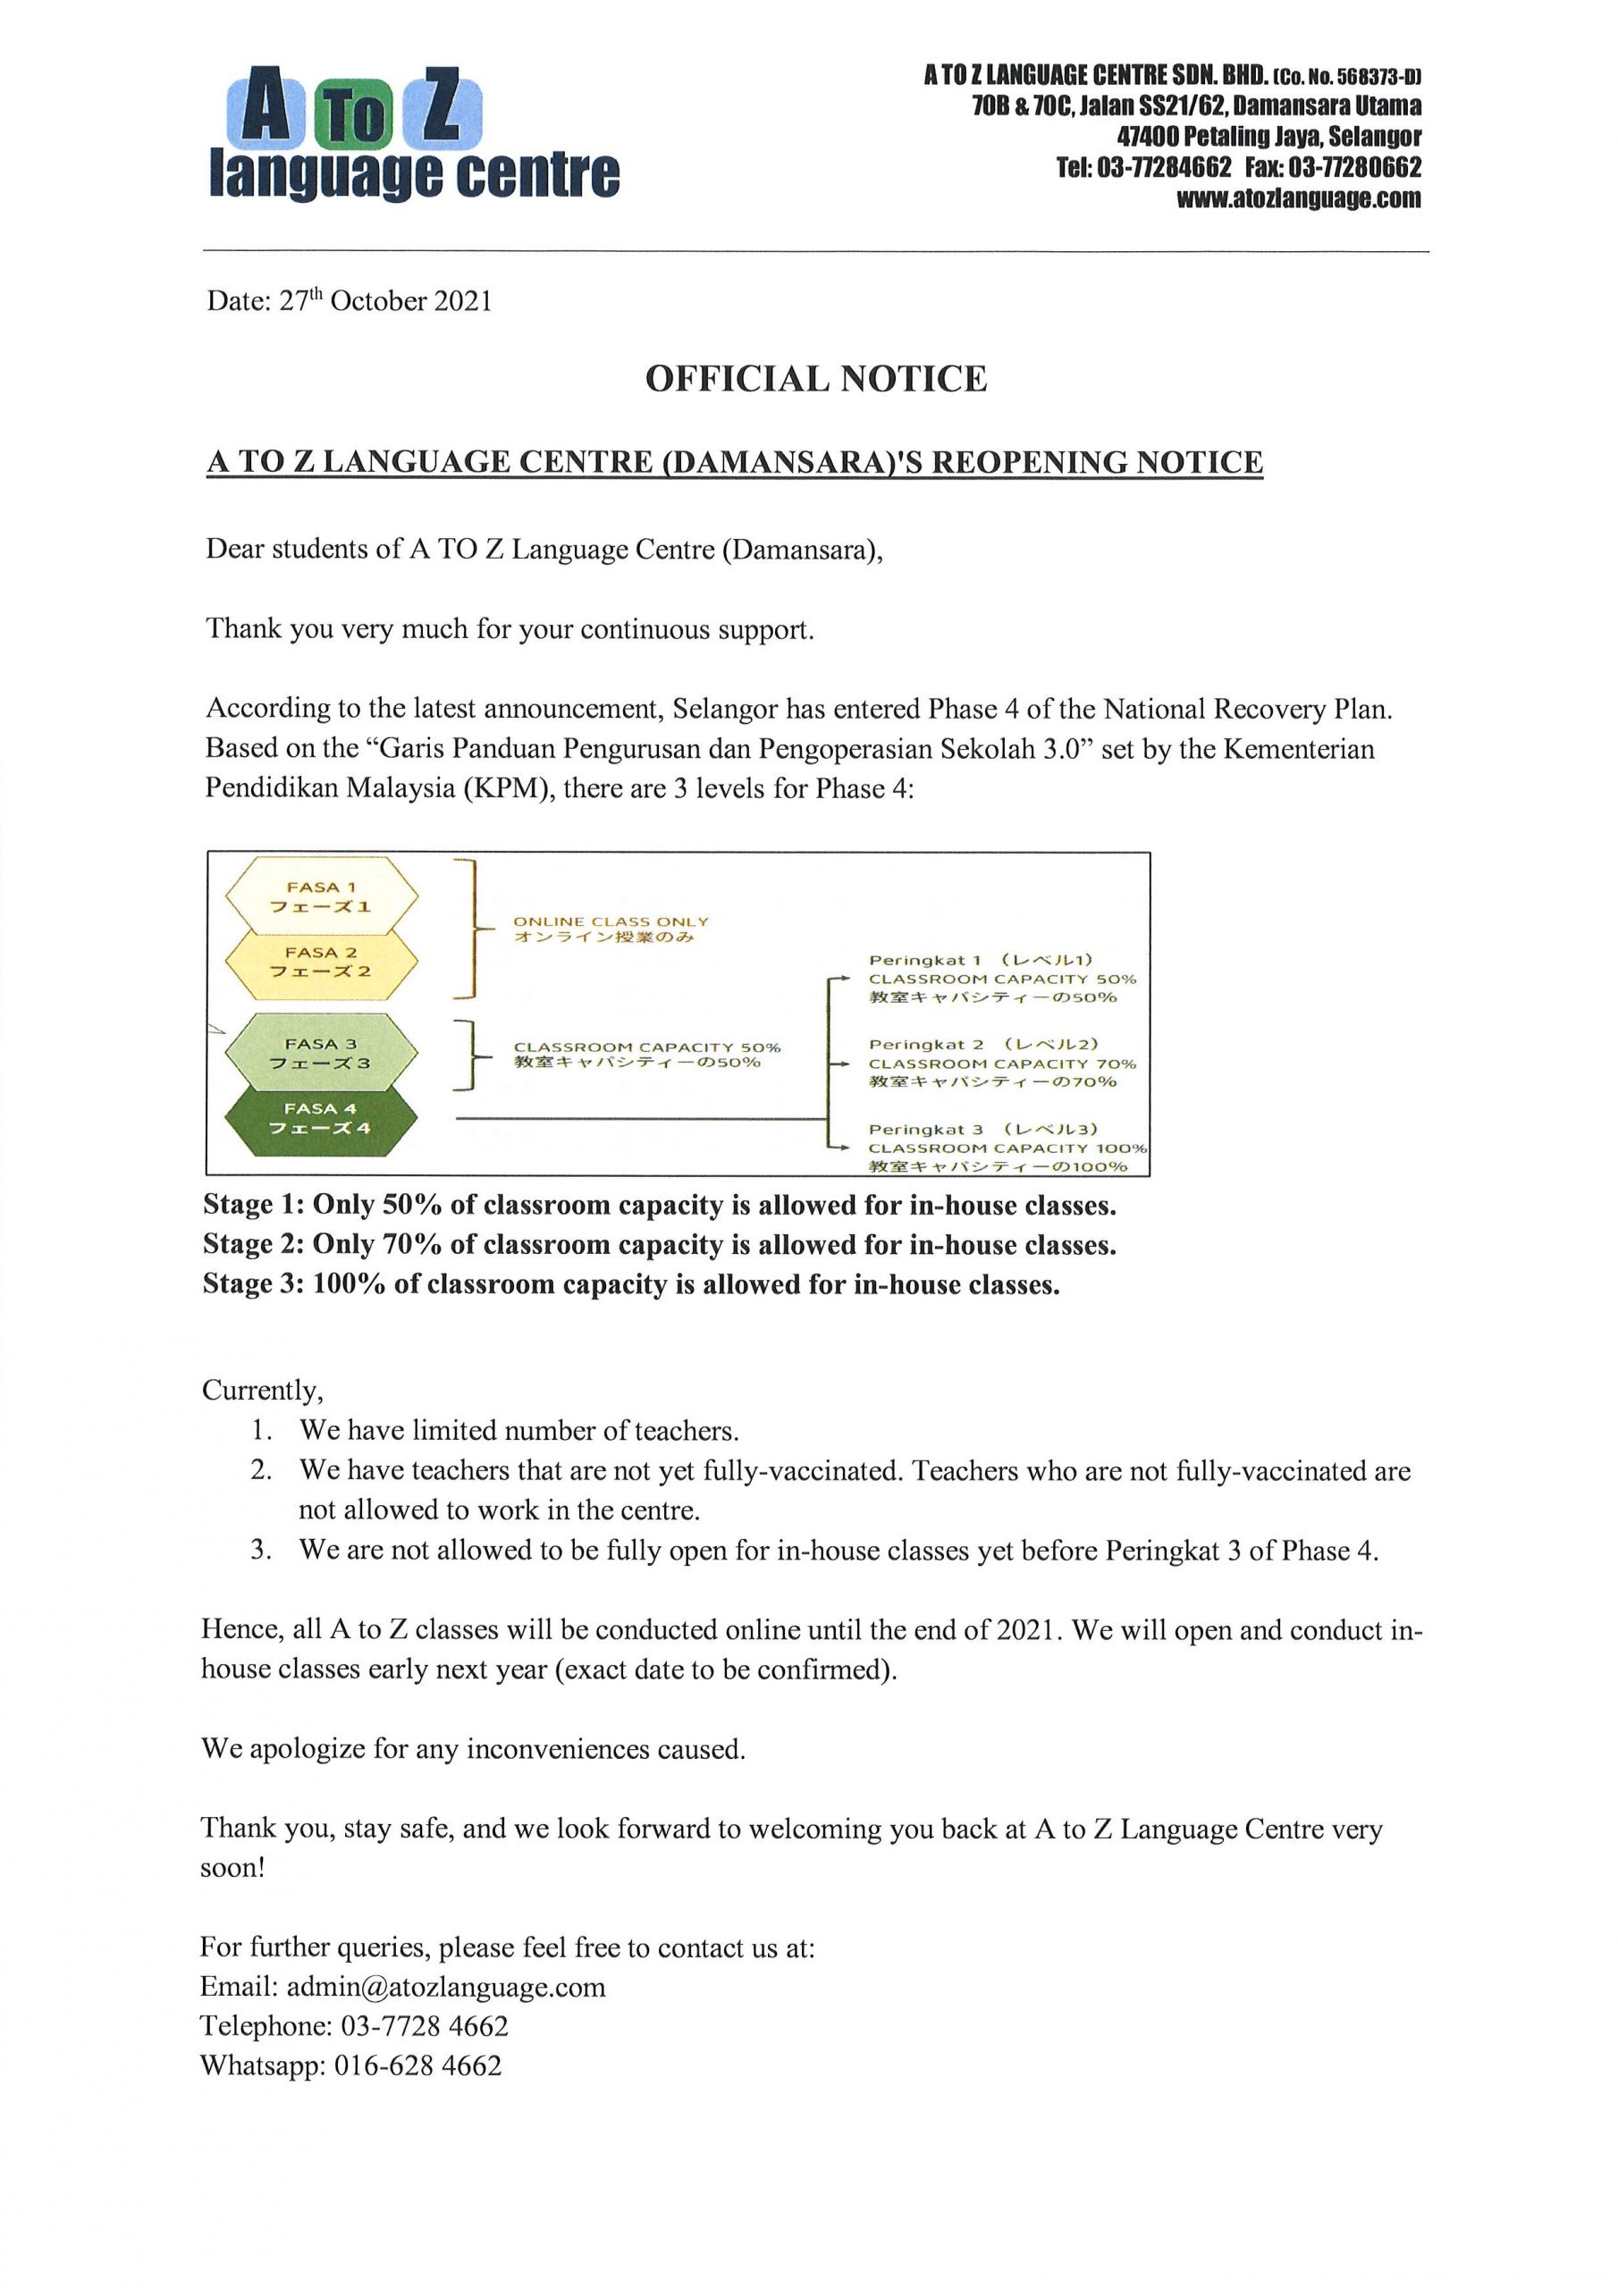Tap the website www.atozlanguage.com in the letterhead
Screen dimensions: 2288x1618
1298,198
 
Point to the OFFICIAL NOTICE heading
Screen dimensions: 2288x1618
815,379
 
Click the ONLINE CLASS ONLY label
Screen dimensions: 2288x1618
611,921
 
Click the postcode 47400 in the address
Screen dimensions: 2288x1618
1151,136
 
